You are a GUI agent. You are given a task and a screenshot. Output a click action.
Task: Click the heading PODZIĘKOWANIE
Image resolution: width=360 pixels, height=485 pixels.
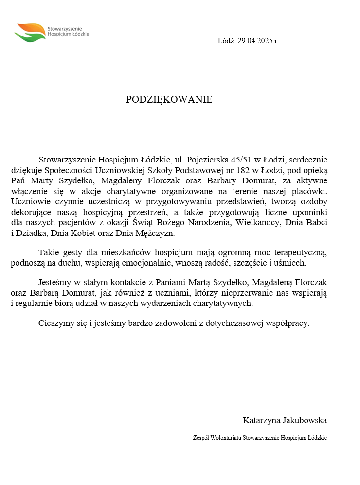tap(169, 100)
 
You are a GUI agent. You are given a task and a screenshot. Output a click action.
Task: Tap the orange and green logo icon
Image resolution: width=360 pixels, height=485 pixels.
tap(30, 33)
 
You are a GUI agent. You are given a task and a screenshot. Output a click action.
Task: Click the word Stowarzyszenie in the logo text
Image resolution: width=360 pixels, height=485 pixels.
tap(65, 29)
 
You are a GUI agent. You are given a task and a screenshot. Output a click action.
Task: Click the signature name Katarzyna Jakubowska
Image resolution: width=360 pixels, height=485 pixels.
tap(285, 420)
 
